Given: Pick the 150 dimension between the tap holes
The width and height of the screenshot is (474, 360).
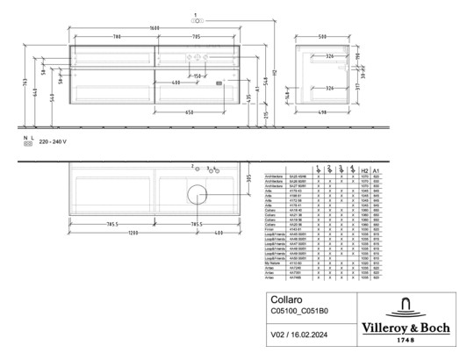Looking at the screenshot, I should (198, 76).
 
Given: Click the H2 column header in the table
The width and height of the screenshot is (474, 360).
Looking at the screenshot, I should (363, 170).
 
